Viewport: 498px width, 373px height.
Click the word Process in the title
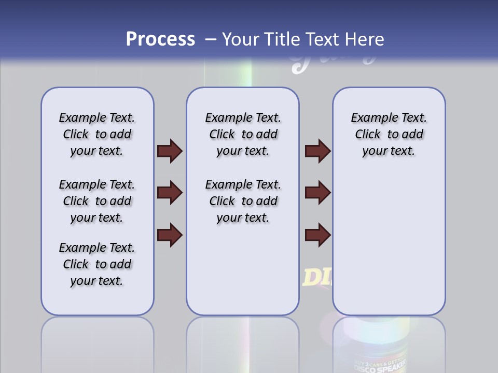point(160,39)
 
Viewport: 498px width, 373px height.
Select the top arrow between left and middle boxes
point(170,151)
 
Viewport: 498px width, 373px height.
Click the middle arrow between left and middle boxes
point(170,193)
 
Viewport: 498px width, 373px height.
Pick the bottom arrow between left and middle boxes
point(170,235)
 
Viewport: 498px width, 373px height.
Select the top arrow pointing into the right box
point(318,151)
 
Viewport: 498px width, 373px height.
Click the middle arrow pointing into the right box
point(318,193)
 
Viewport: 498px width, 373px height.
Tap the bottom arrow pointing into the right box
point(318,235)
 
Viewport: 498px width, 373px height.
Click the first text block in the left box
point(97,135)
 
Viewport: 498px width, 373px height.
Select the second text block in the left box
point(97,201)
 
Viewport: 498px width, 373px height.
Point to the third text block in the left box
point(97,264)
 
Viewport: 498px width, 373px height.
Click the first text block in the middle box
point(243,135)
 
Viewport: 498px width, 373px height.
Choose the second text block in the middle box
point(243,201)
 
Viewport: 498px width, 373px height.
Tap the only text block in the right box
point(389,135)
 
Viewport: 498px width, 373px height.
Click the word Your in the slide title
point(241,39)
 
